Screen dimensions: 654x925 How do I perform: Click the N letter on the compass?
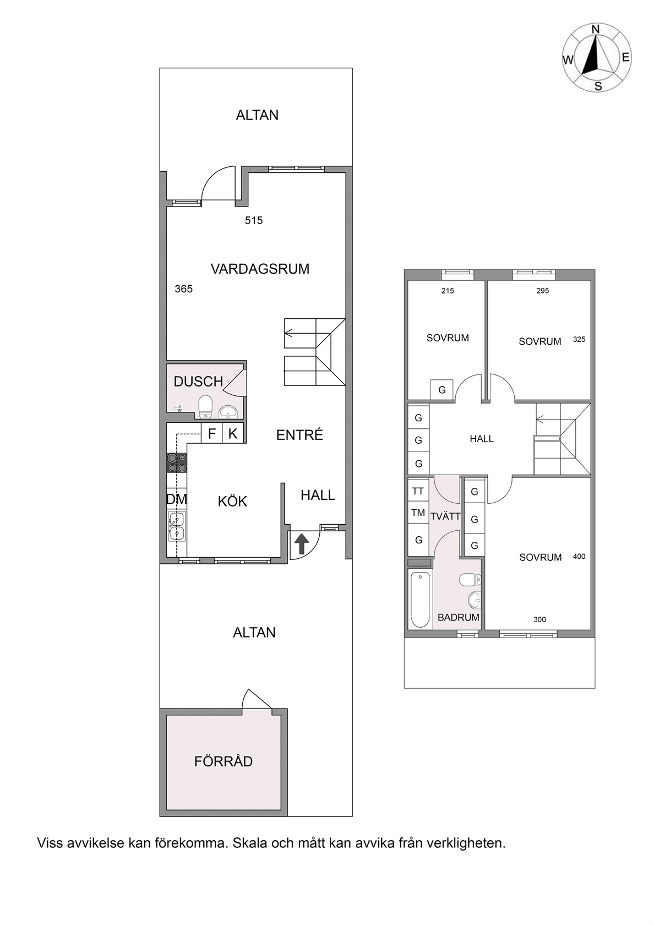(x=596, y=29)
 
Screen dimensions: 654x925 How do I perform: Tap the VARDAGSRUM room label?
(x=260, y=269)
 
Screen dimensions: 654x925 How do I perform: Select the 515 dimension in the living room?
(x=253, y=220)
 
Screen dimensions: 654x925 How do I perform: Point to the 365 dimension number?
(x=184, y=289)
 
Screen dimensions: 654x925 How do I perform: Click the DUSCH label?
(x=198, y=381)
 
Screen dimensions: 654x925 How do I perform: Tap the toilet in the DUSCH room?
(x=205, y=407)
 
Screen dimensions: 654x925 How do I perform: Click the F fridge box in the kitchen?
(x=212, y=433)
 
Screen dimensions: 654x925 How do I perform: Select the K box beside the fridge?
(x=233, y=433)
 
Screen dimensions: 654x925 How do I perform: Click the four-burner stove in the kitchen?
(x=176, y=463)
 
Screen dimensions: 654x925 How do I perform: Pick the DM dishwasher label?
(x=176, y=499)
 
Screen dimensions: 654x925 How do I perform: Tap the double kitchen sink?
(x=177, y=526)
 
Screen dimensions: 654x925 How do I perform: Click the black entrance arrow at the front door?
(x=302, y=543)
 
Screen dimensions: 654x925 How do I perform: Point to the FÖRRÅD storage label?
(x=224, y=761)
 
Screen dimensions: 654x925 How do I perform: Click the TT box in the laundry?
(x=418, y=491)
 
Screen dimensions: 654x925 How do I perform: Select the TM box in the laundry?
(x=418, y=513)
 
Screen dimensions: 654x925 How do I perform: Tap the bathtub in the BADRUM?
(x=421, y=600)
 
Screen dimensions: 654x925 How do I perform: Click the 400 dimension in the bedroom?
(x=579, y=556)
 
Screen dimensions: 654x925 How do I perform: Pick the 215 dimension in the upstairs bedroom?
(x=448, y=291)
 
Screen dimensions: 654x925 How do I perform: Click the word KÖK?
(x=232, y=501)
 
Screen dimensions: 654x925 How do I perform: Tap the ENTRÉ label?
(x=299, y=435)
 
